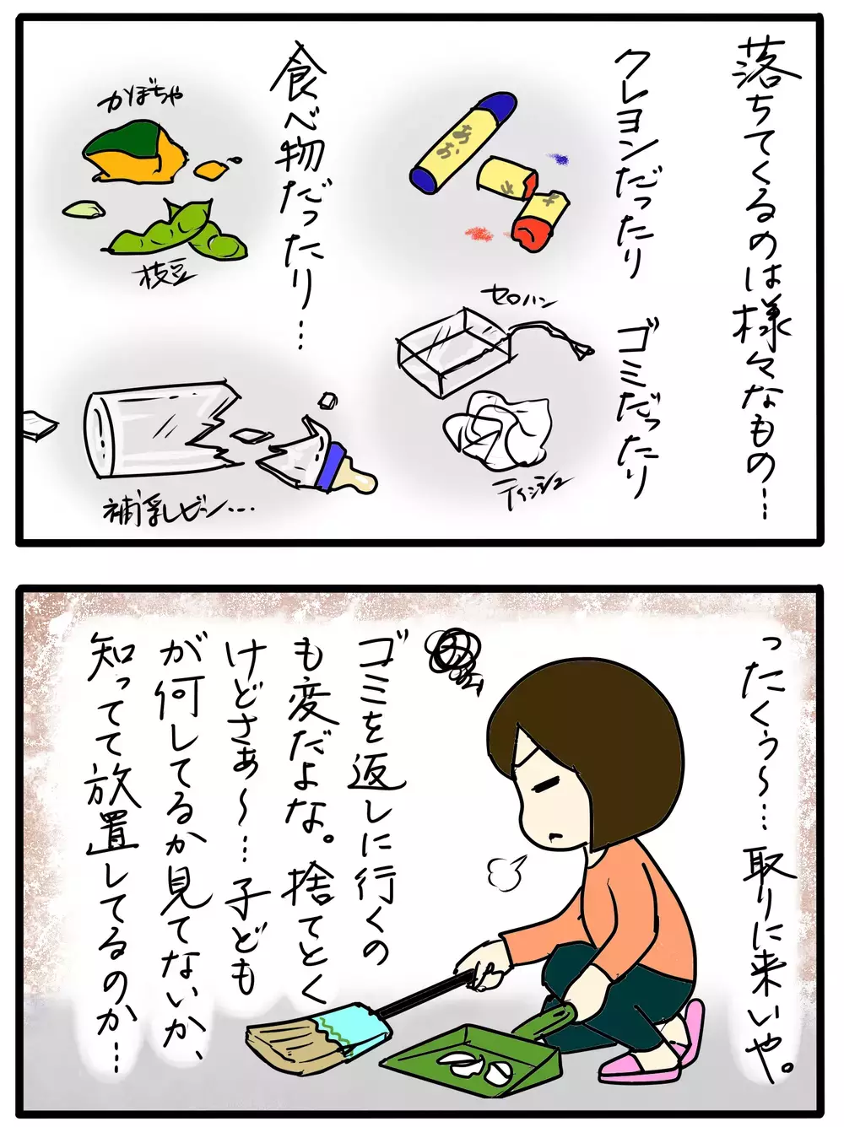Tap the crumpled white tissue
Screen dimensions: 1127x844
coord(497,425)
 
